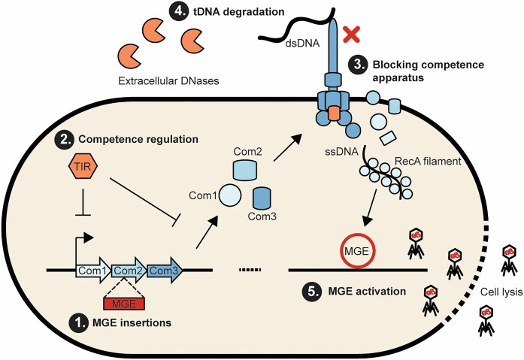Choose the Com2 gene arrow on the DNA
129,270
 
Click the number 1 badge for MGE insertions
77,324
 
